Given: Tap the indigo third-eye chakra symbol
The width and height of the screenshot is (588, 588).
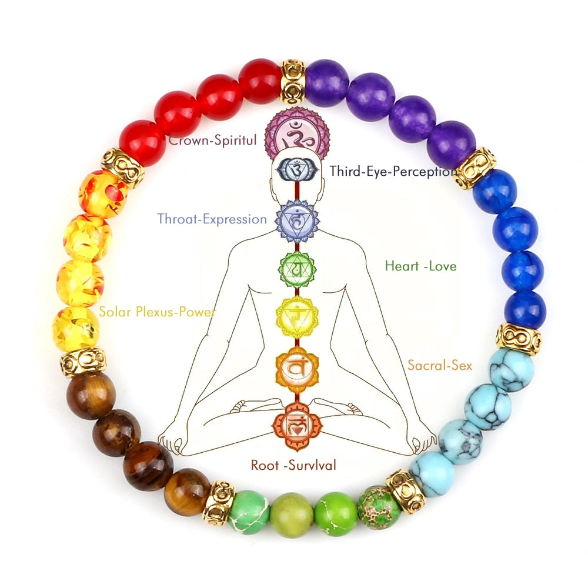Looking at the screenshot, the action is pyautogui.click(x=297, y=169).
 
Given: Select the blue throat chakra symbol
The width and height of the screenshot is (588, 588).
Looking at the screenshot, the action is pyautogui.click(x=298, y=220).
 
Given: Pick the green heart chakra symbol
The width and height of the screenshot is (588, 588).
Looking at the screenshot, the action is pyautogui.click(x=297, y=269).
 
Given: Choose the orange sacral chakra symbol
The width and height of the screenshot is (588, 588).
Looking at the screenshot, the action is pyautogui.click(x=297, y=367).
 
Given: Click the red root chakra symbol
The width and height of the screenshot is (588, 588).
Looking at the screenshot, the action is pyautogui.click(x=297, y=426).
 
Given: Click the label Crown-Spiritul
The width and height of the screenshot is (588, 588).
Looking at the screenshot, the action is pyautogui.click(x=212, y=140).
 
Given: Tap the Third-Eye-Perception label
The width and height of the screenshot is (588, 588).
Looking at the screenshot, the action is pyautogui.click(x=393, y=171).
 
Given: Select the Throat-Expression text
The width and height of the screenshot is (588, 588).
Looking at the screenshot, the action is pyautogui.click(x=212, y=219).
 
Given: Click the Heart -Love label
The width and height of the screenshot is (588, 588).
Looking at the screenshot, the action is pyautogui.click(x=421, y=266).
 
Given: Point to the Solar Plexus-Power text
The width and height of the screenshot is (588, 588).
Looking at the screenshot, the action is pyautogui.click(x=158, y=312).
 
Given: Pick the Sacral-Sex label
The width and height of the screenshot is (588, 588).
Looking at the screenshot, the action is pyautogui.click(x=440, y=365).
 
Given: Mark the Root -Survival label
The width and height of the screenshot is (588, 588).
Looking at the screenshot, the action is pyautogui.click(x=293, y=465).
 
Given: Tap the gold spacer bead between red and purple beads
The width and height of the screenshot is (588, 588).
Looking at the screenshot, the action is pyautogui.click(x=293, y=81).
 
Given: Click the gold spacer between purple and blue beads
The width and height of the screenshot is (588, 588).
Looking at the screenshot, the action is pyautogui.click(x=474, y=168).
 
